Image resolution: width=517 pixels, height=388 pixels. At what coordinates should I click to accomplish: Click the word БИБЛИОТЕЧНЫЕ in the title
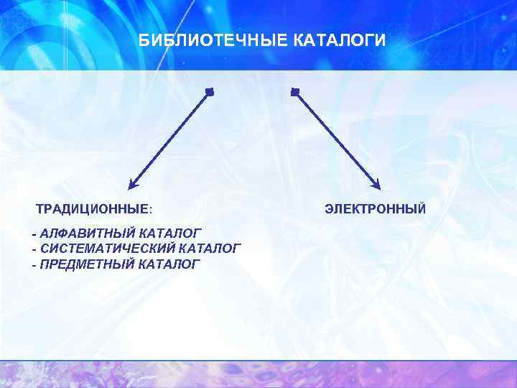[213, 40]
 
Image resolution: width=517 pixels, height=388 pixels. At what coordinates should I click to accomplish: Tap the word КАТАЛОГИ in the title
[340, 40]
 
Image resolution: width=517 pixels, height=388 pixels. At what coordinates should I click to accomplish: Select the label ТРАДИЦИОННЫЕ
[92, 209]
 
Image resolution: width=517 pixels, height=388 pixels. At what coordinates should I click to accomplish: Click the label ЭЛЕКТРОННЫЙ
[375, 209]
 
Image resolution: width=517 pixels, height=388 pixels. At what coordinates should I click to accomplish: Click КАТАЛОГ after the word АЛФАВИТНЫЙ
[170, 233]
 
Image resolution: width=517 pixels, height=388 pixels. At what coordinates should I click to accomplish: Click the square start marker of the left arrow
[209, 92]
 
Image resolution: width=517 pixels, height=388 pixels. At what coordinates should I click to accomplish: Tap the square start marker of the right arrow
[295, 92]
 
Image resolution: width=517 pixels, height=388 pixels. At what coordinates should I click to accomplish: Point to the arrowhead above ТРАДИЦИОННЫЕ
[132, 185]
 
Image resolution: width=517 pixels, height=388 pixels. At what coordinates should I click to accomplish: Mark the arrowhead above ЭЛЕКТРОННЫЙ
[377, 185]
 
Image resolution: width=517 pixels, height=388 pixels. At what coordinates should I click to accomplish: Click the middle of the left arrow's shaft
[170, 139]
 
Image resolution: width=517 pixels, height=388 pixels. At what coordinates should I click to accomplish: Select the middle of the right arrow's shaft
[337, 139]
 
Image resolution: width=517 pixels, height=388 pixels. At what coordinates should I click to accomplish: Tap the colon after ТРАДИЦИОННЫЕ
[150, 210]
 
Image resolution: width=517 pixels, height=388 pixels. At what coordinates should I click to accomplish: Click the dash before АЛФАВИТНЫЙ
[34, 234]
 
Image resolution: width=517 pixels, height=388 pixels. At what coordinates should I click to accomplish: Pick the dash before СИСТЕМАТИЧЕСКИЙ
[34, 249]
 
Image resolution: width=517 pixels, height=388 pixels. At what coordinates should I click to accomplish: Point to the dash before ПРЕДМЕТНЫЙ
[34, 265]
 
